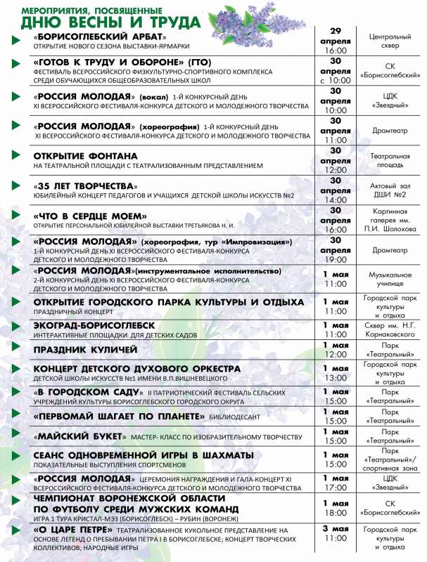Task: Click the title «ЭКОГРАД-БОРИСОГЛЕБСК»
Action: pyautogui.click(x=93, y=325)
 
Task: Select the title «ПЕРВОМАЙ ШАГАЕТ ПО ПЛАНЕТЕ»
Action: pyautogui.click(x=119, y=416)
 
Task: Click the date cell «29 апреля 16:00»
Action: pyautogui.click(x=336, y=41)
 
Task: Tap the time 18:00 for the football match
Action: pyautogui.click(x=336, y=514)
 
